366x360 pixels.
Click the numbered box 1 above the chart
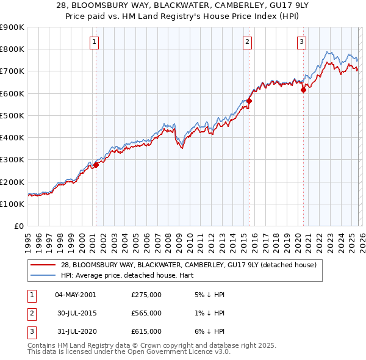(95, 42)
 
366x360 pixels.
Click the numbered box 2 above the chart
(247, 42)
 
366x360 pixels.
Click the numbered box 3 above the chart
(302, 42)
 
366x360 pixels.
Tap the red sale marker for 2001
(96, 165)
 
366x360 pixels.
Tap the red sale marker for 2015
(249, 101)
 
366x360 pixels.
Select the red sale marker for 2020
(303, 90)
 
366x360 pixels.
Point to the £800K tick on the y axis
(12, 49)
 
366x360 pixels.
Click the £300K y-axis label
(12, 160)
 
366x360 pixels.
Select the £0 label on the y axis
(18, 226)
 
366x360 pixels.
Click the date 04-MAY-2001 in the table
(75, 295)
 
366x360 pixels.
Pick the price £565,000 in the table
(146, 313)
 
